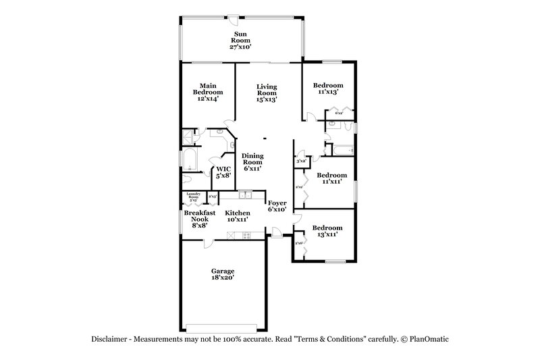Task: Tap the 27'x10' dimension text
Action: click(x=241, y=47)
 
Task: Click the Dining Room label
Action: click(x=252, y=159)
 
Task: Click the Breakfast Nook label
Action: click(x=200, y=219)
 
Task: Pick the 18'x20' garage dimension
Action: click(x=222, y=278)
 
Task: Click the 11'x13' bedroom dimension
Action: click(x=328, y=93)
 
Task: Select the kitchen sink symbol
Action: click(x=245, y=196)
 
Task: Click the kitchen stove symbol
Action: click(x=246, y=236)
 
